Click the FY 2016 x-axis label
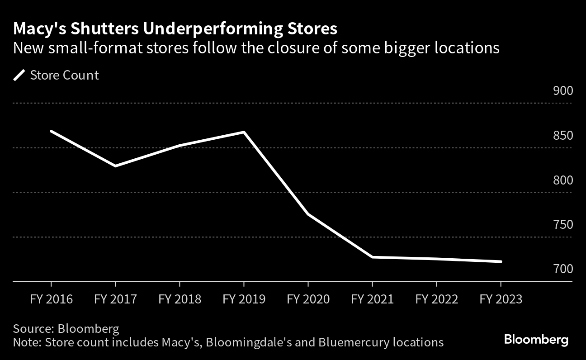pos(51,299)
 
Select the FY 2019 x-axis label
pos(244,299)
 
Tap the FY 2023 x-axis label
pos(501,299)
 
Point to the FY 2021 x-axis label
pos(372,299)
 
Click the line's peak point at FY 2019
pos(244,132)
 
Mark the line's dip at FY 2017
pos(115,166)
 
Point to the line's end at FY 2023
pos(501,261)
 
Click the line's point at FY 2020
pos(308,214)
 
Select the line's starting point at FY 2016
pos(51,131)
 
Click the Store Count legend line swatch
pos(19,75)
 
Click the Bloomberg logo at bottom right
pos(536,340)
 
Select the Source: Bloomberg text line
pos(66,328)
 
